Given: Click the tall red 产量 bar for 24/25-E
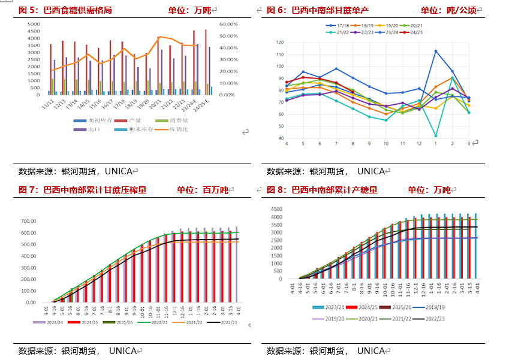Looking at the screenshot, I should click(206, 60).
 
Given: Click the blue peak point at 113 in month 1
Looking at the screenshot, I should click(435, 51).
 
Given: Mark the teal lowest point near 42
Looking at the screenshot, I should click(435, 136).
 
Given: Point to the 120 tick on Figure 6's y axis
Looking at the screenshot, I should click(279, 43).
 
